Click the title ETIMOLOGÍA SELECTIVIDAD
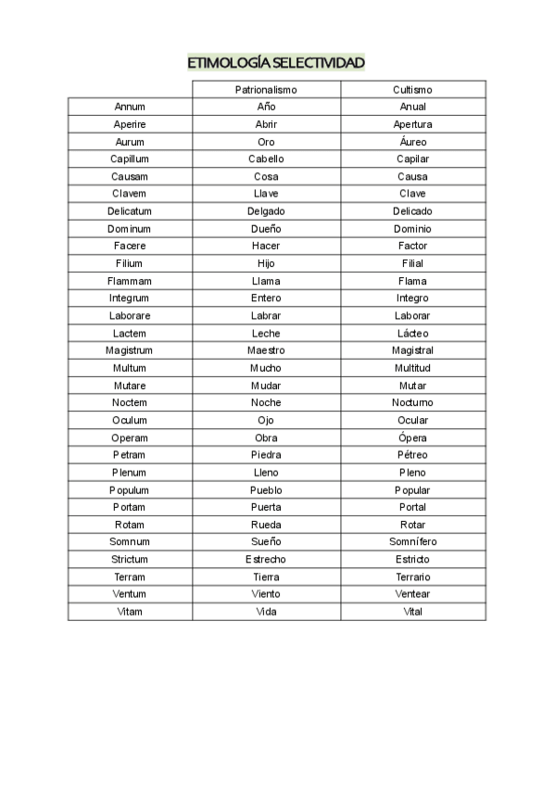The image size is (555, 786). (x=276, y=63)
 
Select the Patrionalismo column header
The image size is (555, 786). (x=266, y=90)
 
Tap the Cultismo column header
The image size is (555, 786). (x=412, y=90)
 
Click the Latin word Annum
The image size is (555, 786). (x=130, y=107)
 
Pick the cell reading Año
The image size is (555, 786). (x=266, y=107)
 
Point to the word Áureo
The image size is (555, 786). (x=412, y=142)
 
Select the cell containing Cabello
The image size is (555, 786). (x=266, y=158)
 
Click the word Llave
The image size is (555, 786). (x=266, y=194)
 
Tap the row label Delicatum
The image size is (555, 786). (x=130, y=211)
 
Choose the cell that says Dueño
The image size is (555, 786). (x=266, y=228)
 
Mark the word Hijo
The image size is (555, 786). (x=266, y=263)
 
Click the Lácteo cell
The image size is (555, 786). (x=412, y=333)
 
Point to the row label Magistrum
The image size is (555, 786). (x=130, y=350)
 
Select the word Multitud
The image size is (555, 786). (x=412, y=368)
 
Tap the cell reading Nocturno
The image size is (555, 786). (x=412, y=402)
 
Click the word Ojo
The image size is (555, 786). (x=266, y=420)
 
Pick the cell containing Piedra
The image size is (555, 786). (x=266, y=455)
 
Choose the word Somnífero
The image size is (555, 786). (x=412, y=541)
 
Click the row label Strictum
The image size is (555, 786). (x=130, y=559)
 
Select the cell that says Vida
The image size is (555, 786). (x=266, y=612)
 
